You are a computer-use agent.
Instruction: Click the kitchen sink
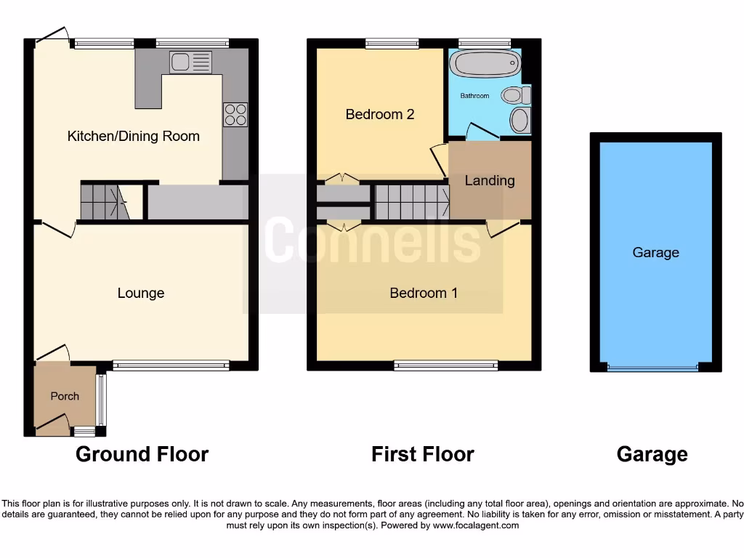190,62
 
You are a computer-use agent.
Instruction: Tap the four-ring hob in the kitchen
235,115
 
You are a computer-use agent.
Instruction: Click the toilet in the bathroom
516,94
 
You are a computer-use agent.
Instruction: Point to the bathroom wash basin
519,121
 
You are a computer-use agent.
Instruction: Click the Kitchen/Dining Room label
133,136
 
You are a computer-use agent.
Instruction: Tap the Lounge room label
141,293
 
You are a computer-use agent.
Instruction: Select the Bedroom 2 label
380,114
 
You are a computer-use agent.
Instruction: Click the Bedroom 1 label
424,293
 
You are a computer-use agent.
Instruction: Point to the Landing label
490,180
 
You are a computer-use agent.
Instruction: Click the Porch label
65,396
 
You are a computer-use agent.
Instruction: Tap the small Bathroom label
475,96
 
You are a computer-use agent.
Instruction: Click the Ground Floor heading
142,455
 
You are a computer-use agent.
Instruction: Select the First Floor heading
422,455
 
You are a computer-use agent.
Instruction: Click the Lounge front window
171,366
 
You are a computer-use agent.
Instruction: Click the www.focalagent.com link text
476,525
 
